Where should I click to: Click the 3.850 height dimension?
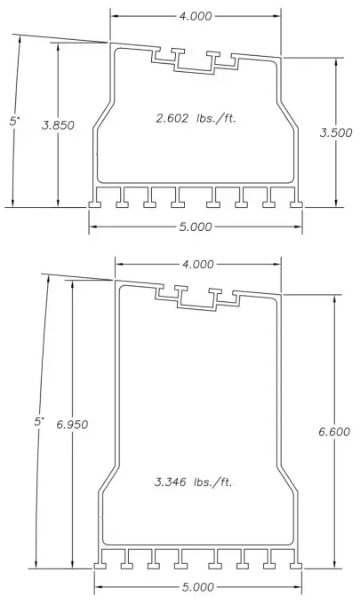58,125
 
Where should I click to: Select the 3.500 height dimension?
336,132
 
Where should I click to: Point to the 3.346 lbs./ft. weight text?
193,481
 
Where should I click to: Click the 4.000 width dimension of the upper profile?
196,16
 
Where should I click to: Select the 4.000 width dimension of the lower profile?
198,264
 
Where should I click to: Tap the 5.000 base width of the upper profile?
196,226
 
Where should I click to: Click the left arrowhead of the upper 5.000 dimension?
93,226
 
